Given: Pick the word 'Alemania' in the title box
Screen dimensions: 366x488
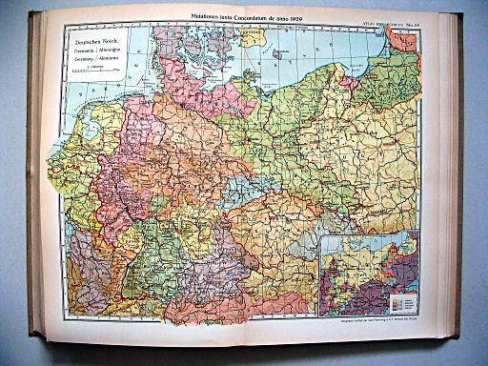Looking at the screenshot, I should coord(106,60).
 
